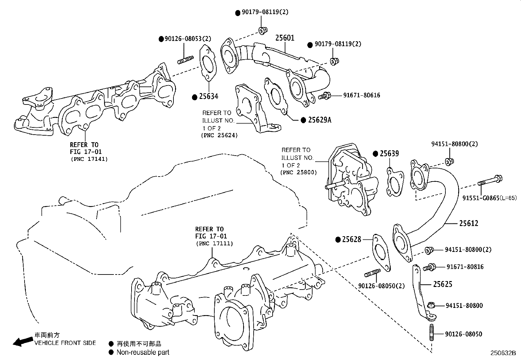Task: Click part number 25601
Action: coord(284,38)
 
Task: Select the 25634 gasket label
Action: coord(208,97)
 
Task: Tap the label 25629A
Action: coord(319,120)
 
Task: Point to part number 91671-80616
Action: coord(361,95)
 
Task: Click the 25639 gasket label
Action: coord(389,153)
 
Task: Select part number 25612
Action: coord(468,223)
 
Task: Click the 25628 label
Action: coord(351,239)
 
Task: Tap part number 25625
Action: coord(442,284)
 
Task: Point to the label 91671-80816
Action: coord(465,267)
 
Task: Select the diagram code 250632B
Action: coord(503,353)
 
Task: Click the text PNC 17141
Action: coord(89,159)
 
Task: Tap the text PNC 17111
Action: coord(214,243)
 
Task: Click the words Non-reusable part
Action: coord(143,352)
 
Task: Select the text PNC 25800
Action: coord(298,172)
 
